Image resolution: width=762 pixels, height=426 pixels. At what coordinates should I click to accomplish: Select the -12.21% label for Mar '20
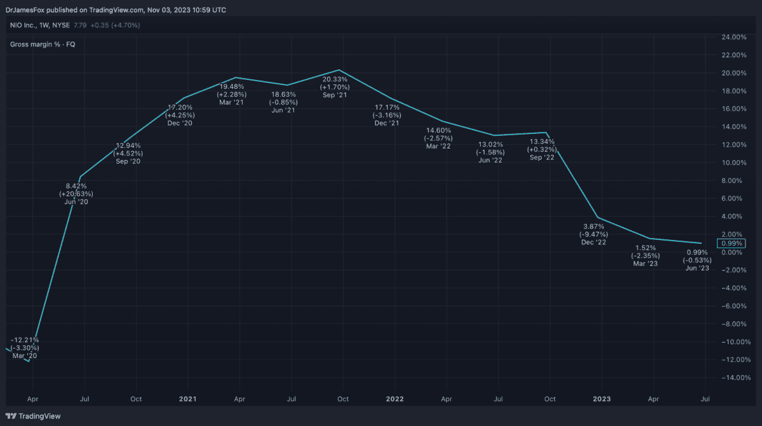tap(25, 340)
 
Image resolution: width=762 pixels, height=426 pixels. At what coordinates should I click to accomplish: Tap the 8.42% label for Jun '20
tap(76, 185)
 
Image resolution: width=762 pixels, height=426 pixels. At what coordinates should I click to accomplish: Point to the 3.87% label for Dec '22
tap(594, 226)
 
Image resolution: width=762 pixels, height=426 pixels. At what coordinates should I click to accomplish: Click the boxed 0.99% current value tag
tap(731, 243)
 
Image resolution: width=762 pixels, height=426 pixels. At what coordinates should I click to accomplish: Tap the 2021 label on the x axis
tap(187, 399)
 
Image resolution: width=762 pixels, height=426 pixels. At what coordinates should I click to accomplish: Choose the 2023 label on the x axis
tap(601, 399)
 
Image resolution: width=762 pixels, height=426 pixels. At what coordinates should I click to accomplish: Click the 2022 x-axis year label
tap(394, 399)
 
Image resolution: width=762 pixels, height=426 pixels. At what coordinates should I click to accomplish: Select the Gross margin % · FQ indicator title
tap(43, 44)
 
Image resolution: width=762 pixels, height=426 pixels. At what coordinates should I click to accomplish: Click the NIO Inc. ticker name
tap(26, 25)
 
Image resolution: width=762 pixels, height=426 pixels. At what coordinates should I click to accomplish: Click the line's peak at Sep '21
tap(339, 70)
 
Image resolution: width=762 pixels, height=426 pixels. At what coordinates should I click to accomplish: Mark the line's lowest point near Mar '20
tap(29, 361)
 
